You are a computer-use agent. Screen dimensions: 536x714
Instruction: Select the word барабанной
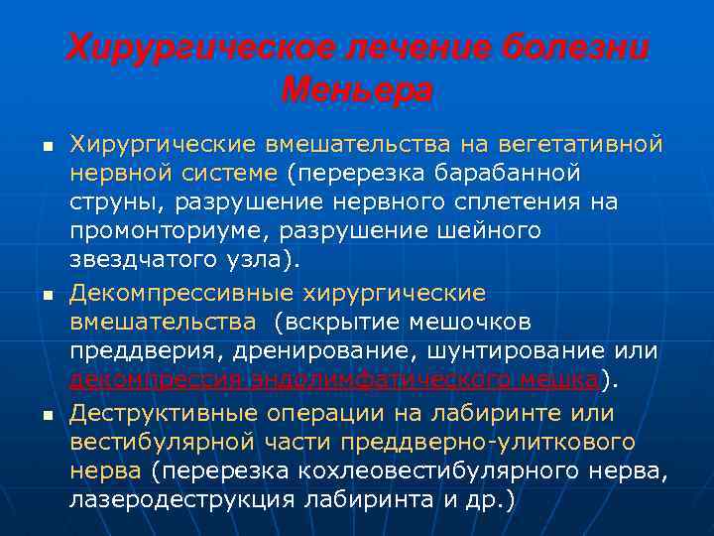coord(516,175)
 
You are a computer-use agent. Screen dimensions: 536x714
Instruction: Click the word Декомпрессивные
coord(174,293)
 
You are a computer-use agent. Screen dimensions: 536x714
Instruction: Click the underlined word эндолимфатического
coord(379,381)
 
